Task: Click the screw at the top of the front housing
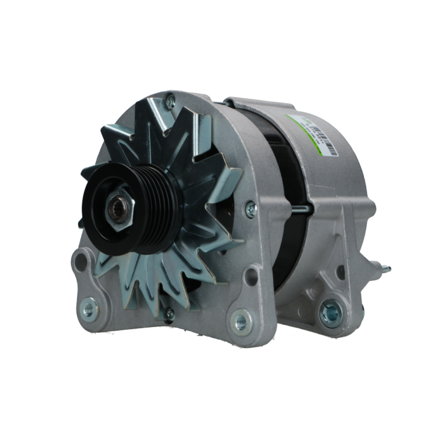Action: coord(170,101)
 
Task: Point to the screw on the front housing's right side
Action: coord(251,209)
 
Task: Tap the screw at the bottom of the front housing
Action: coord(170,314)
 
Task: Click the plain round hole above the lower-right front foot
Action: coord(252,276)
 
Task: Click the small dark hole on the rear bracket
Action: coord(340,273)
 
